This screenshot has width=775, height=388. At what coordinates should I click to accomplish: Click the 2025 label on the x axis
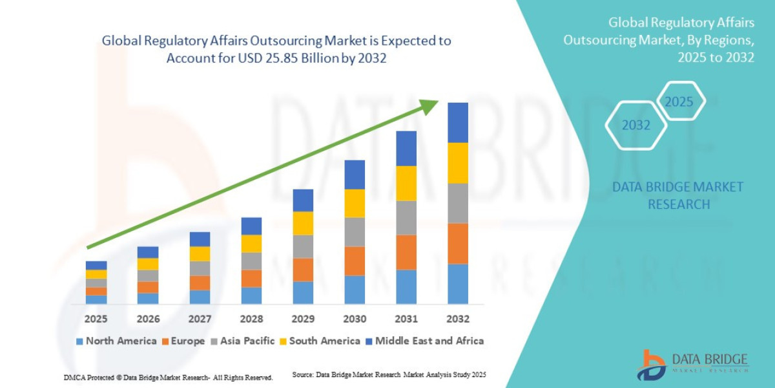coord(96,319)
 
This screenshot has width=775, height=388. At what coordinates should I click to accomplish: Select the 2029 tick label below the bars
coord(303,319)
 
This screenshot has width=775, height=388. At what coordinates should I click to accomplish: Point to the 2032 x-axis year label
coord(457,319)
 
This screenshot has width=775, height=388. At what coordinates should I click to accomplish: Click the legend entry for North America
coord(116,341)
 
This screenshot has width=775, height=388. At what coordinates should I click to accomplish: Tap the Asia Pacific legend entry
coord(243,341)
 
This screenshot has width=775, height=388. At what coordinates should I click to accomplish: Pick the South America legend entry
coord(319,341)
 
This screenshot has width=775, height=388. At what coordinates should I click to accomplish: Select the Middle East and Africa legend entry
coord(424,341)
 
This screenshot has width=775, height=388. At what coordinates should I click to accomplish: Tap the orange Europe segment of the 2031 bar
coord(406,252)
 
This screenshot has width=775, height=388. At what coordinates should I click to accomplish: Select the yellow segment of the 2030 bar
coord(355,203)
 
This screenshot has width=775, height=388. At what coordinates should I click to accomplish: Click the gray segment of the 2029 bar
coord(303,246)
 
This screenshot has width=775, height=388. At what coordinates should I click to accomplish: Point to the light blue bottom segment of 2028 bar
coord(251,296)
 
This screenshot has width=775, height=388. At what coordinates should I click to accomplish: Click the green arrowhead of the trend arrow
coord(429,107)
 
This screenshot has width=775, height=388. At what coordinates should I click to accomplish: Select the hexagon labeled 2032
coord(635,125)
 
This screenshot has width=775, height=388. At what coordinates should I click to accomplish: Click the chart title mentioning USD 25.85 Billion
coord(276,49)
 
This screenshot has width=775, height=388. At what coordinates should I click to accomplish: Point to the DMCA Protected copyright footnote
coord(168,377)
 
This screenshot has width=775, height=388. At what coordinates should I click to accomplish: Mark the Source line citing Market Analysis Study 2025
coord(389,375)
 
